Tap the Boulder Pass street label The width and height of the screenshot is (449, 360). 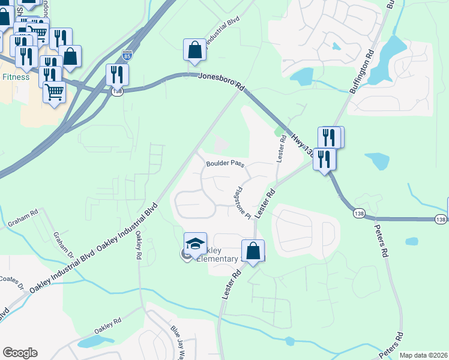tap(225, 163)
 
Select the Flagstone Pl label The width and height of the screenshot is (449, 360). tap(241, 203)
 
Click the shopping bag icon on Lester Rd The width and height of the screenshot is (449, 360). tap(253, 250)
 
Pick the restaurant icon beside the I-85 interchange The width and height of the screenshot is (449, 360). tap(116, 74)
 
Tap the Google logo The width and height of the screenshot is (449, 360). tap(20, 353)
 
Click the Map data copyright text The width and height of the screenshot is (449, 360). tap(423, 355)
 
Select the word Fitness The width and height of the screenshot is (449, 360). tap(16, 77)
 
